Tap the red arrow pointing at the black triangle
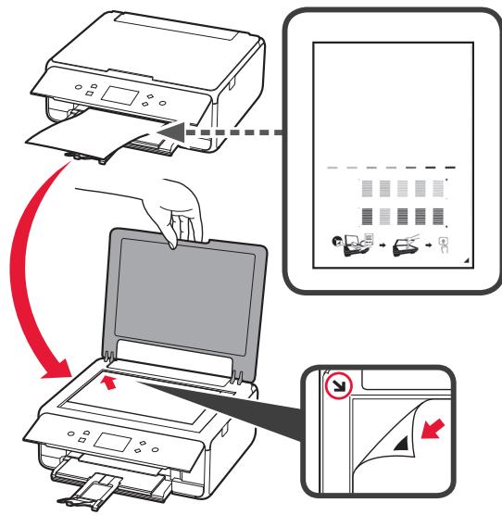point(435,429)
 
